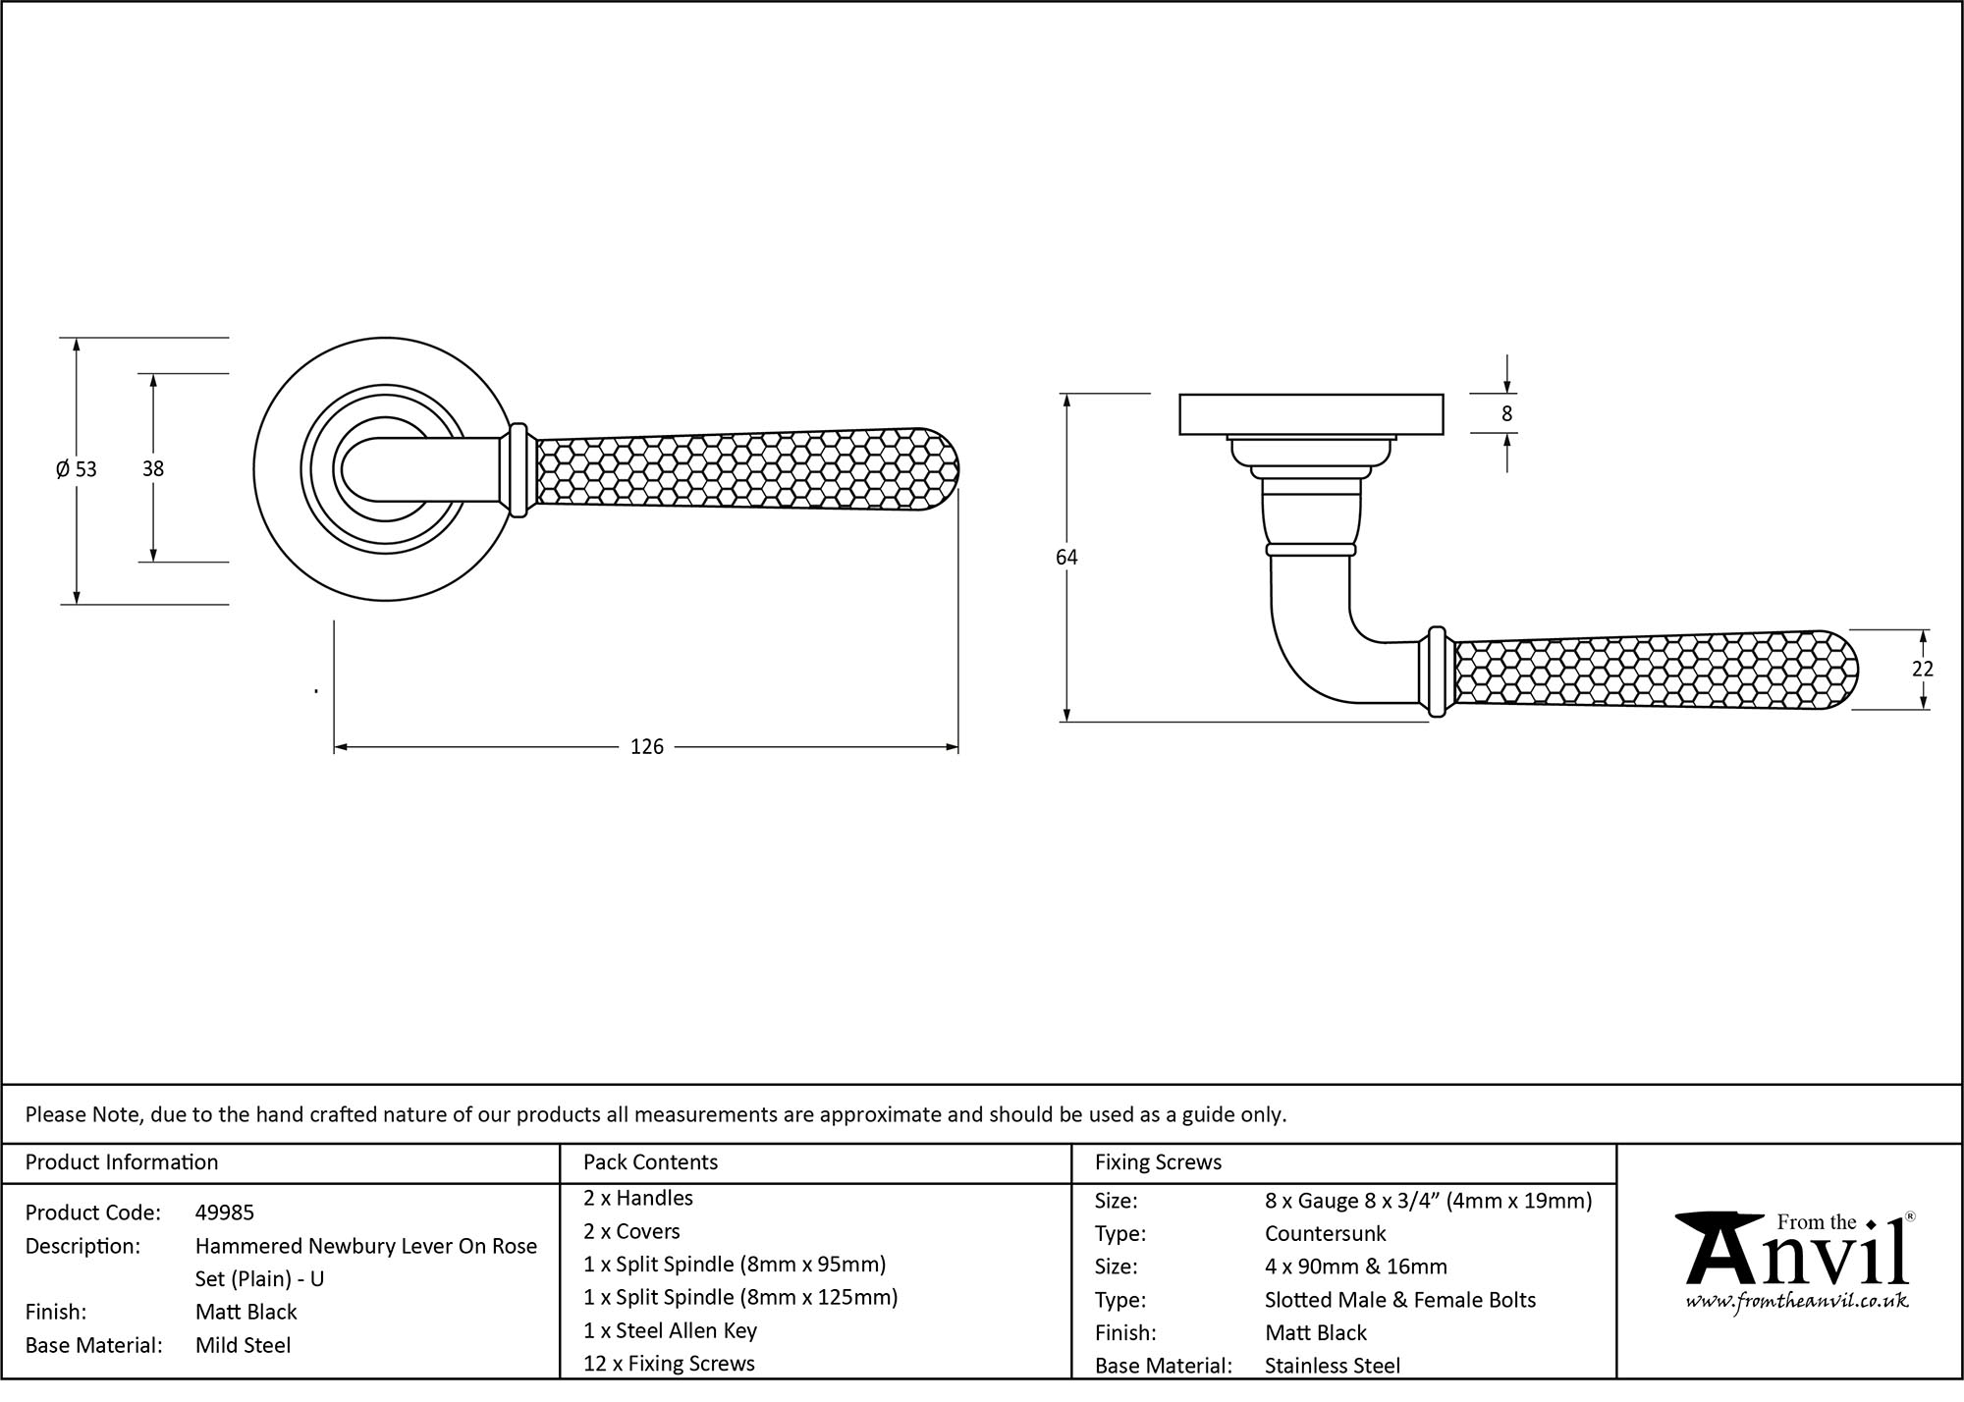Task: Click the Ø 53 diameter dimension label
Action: [x=77, y=469]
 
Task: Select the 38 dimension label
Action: [x=152, y=469]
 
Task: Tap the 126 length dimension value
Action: [x=646, y=747]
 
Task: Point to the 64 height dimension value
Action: [x=1066, y=557]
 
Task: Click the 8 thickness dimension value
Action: [x=1506, y=413]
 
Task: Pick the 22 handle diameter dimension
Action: [x=1922, y=669]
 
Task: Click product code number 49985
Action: [x=224, y=1213]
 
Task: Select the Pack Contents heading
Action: [x=650, y=1162]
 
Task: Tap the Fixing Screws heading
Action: [x=1158, y=1162]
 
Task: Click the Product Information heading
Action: [x=122, y=1162]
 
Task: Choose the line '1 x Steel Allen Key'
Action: [x=670, y=1330]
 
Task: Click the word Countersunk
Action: [x=1325, y=1233]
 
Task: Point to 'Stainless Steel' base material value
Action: [x=1332, y=1365]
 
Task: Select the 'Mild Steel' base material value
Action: [x=243, y=1345]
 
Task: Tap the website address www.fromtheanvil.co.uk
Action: [x=1796, y=1302]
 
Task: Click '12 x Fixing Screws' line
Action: [x=669, y=1364]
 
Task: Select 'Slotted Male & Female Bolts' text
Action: [x=1399, y=1300]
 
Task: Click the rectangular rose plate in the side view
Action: [x=1310, y=413]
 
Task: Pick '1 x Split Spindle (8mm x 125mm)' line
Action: [x=740, y=1297]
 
